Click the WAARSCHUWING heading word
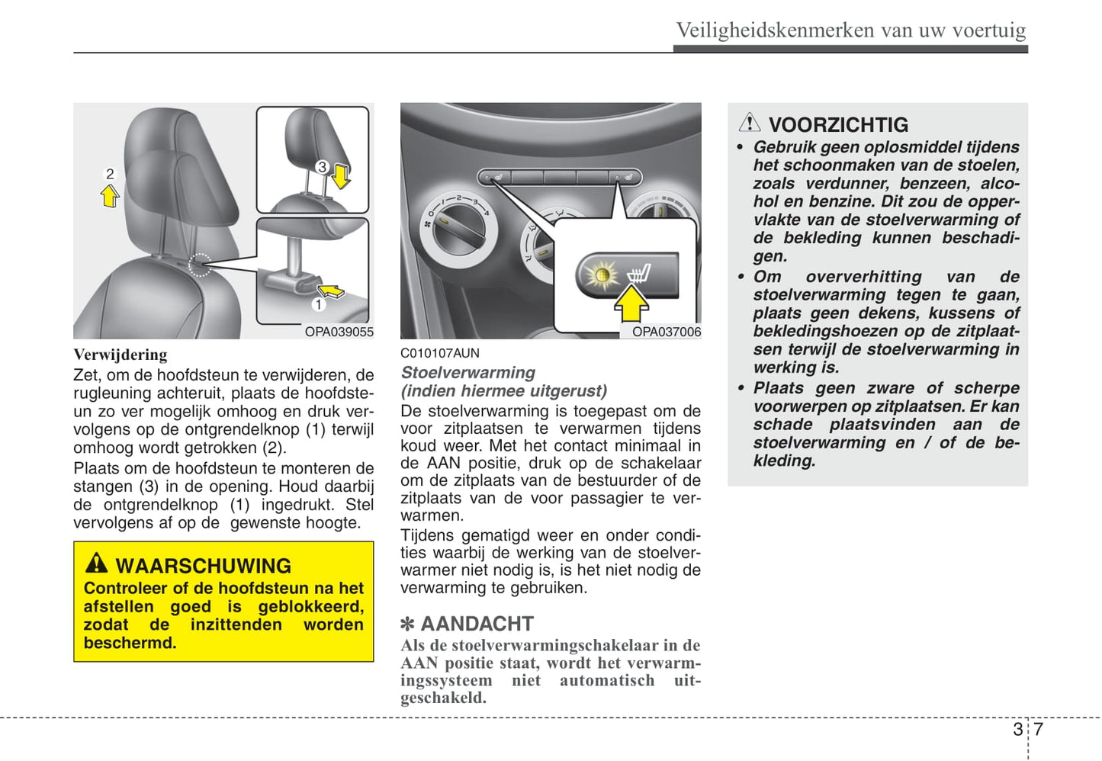tap(203, 566)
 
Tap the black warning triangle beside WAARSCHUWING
tap(96, 564)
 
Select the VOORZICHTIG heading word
tap(838, 125)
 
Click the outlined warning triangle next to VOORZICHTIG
tap(749, 122)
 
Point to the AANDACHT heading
tap(477, 624)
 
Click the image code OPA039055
tap(339, 332)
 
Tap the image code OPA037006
tap(666, 332)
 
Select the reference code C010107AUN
tap(440, 353)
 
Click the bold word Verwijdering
tap(120, 355)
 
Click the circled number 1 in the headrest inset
tap(318, 304)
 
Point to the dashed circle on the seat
tap(200, 264)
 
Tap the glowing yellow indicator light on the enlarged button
tap(601, 275)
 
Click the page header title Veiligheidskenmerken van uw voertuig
tap(850, 30)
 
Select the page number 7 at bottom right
tap(1038, 729)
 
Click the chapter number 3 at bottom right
tap(1017, 729)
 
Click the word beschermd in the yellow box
tap(130, 643)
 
